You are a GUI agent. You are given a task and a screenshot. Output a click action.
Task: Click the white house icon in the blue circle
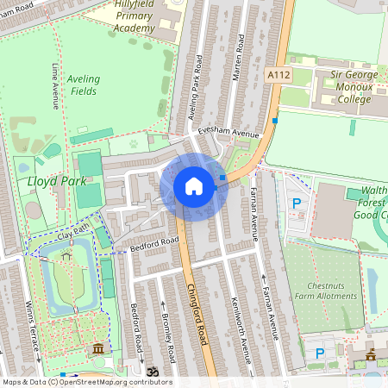pyautogui.click(x=194, y=186)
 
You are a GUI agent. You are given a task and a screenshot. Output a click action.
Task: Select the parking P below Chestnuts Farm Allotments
pyautogui.click(x=320, y=353)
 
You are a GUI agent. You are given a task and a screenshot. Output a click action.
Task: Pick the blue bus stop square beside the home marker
pyautogui.click(x=222, y=178)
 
